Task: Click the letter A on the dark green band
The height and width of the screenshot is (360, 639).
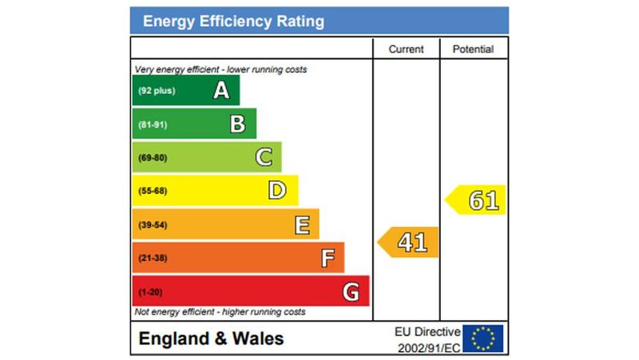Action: (x=221, y=91)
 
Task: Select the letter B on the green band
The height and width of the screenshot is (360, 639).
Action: (x=238, y=124)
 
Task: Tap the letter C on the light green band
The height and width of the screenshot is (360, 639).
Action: (x=264, y=157)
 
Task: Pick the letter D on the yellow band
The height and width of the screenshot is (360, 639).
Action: (x=277, y=190)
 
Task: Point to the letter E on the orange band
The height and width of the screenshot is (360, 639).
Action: (x=302, y=225)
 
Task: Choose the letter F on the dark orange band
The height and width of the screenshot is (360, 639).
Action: (x=327, y=259)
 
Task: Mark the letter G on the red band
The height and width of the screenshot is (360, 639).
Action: (x=351, y=292)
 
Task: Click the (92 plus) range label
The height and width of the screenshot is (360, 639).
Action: (x=156, y=91)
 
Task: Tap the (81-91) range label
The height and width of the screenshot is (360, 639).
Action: (x=153, y=125)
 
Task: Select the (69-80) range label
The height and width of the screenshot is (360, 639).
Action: (x=153, y=158)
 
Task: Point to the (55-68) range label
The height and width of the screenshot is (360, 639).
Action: (x=153, y=192)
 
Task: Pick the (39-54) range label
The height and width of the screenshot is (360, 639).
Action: (x=153, y=225)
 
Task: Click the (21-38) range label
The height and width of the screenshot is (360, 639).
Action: (x=153, y=259)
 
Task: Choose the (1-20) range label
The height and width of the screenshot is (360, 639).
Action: (x=150, y=292)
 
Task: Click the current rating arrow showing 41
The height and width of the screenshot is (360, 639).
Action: (x=409, y=242)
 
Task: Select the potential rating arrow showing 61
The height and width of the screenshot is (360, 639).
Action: (x=477, y=200)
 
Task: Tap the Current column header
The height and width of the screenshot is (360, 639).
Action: (x=406, y=49)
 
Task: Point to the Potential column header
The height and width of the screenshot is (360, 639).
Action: (x=473, y=49)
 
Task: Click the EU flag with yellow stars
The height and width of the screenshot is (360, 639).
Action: (x=483, y=338)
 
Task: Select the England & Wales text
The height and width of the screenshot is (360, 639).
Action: (x=211, y=338)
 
